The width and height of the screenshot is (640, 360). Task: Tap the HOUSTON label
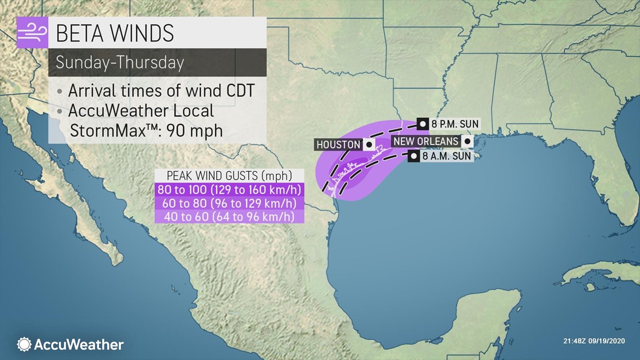(x=338, y=144)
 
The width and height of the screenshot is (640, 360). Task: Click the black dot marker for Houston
(x=369, y=144)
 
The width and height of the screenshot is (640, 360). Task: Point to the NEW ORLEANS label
(x=426, y=141)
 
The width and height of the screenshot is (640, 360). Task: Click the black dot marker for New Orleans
(x=467, y=142)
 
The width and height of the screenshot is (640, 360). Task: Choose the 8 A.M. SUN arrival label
(x=447, y=157)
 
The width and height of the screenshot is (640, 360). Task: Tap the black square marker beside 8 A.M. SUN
(x=414, y=157)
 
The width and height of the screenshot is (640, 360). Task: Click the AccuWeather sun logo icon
(x=24, y=344)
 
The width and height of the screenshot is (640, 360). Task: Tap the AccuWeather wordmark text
(x=79, y=344)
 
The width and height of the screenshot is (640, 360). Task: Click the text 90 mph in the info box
(x=196, y=130)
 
